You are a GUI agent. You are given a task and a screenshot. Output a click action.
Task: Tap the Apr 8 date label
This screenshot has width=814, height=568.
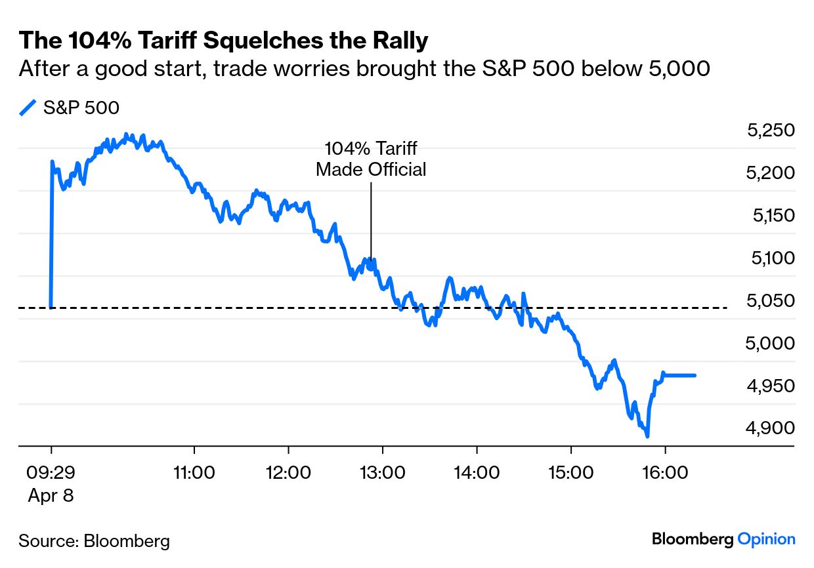point(51,495)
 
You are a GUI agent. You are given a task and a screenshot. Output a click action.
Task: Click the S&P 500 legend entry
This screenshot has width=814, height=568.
point(81,108)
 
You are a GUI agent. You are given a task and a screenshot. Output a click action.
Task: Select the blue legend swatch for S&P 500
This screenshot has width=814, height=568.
point(28,108)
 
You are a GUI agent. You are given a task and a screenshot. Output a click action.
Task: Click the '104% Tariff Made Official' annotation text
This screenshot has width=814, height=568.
point(371,159)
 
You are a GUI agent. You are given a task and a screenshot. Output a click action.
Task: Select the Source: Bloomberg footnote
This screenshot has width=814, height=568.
point(94,541)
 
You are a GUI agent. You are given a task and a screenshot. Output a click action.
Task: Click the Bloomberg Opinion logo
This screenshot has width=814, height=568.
point(723,539)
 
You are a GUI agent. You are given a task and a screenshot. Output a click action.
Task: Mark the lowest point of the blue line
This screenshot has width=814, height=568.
point(647,436)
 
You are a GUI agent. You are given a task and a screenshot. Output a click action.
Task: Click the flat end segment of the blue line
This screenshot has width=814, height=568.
point(679,375)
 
